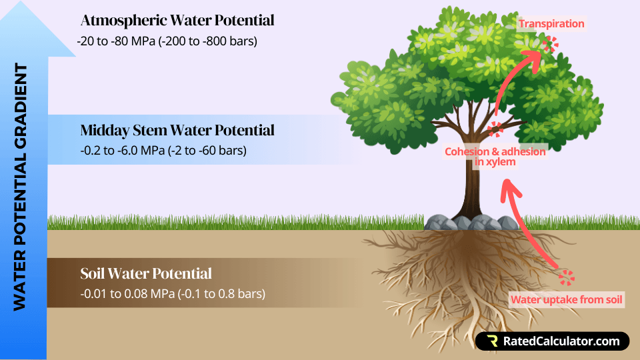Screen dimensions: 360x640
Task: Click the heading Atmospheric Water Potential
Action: coord(177,21)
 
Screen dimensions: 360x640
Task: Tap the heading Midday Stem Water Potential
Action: coord(177,129)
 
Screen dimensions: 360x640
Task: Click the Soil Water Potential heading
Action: coord(146,273)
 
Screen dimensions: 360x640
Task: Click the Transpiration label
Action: coord(551,24)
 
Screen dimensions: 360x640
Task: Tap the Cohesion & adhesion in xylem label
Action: coord(495,156)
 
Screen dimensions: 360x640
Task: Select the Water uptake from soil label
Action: coord(567,299)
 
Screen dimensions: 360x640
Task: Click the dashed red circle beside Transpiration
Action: coord(551,45)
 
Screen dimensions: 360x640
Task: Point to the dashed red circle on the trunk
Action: coord(495,129)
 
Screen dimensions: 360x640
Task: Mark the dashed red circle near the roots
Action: coord(567,278)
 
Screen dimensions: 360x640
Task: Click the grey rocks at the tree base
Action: coord(460,223)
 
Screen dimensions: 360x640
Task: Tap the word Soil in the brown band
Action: coord(95,273)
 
